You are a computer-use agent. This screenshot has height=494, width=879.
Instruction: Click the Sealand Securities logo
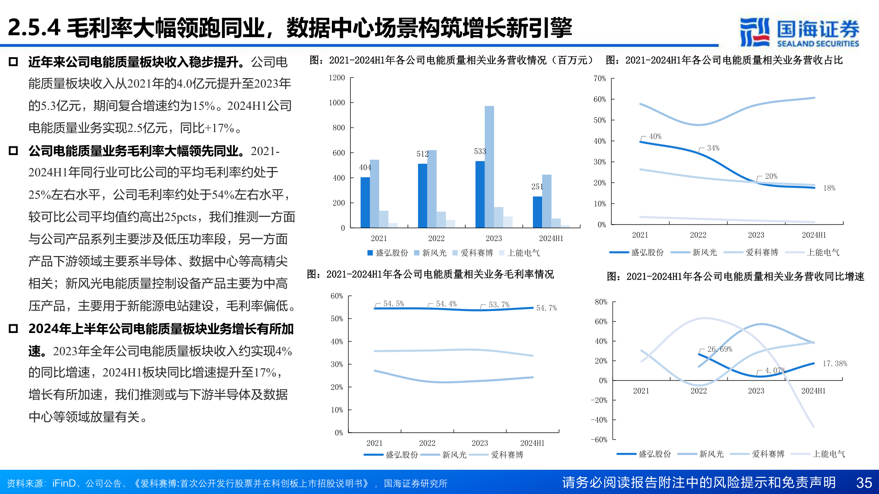tap(799, 32)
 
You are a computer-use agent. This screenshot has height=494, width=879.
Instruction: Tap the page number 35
tap(864, 483)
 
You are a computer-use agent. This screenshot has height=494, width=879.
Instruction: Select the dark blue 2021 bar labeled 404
tap(365, 202)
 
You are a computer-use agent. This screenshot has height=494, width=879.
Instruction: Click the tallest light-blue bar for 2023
tap(489, 167)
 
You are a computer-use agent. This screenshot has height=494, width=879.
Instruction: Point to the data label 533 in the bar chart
tap(480, 151)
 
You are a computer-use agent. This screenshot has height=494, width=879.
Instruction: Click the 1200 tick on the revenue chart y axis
tap(336, 78)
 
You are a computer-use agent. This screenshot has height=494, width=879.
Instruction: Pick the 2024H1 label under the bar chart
tap(551, 238)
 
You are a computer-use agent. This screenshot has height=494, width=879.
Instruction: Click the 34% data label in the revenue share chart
tap(713, 148)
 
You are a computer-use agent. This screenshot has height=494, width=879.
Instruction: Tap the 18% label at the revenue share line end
tap(829, 188)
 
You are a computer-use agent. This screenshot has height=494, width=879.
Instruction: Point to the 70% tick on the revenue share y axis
tap(600, 79)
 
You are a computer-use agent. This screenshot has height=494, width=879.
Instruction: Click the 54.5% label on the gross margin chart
tap(393, 304)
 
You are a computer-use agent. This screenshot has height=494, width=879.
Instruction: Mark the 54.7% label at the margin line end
tap(546, 308)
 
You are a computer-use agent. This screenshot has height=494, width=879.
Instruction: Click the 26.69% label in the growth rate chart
tap(719, 349)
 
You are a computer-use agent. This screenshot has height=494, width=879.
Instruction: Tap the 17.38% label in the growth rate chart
tap(834, 364)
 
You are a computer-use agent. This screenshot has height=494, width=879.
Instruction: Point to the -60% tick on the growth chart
tap(599, 440)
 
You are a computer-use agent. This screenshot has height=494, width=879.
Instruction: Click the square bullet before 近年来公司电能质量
tap(13, 62)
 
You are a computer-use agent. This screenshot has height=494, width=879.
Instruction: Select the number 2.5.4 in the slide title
tap(34, 28)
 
